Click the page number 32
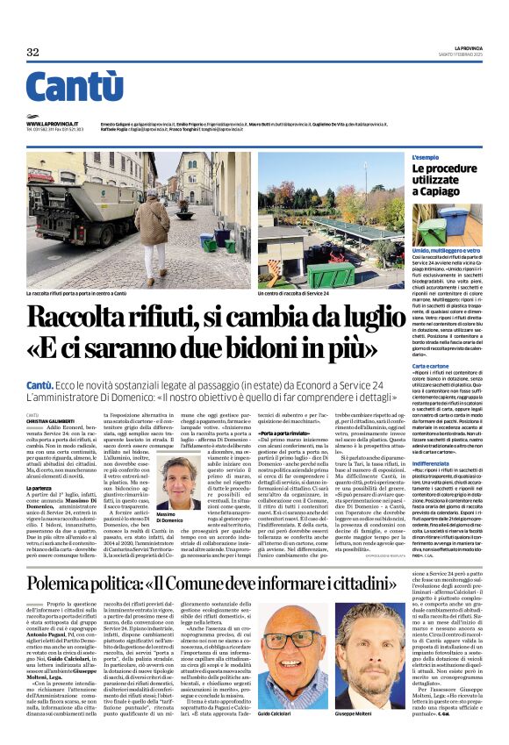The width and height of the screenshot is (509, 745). click(x=32, y=53)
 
